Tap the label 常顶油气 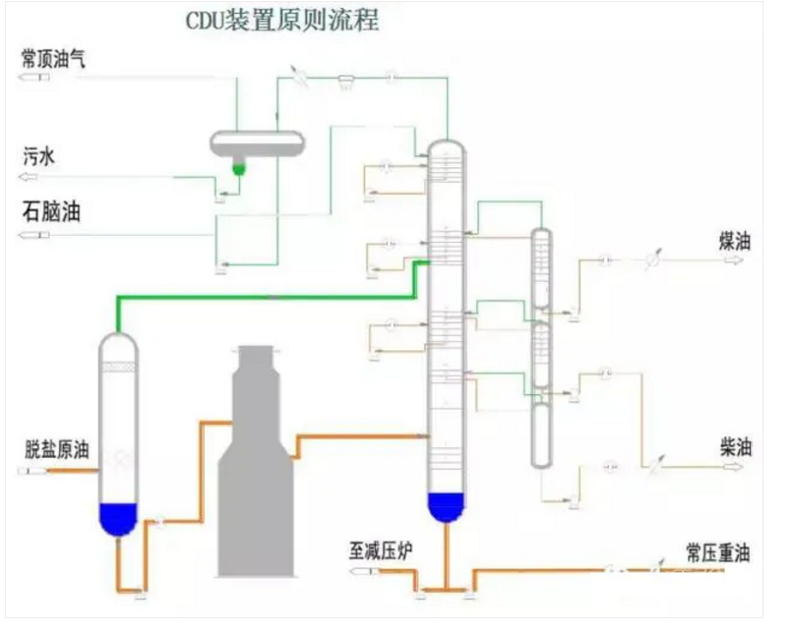coord(53,58)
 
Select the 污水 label coord(38,154)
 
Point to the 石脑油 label coord(50,212)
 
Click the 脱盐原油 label coord(57,451)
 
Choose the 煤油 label coord(735,241)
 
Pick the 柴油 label coord(735,447)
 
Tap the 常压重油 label coord(718,553)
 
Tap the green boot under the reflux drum coord(237,168)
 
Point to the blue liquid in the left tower coord(118,517)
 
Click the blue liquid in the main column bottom coord(446,505)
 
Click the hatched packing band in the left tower coord(118,366)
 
